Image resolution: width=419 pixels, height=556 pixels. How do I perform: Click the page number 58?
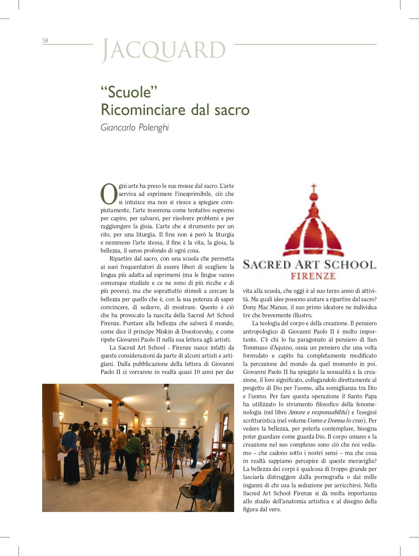pos(45,41)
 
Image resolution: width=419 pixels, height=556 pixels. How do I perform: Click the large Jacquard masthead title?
pos(163,50)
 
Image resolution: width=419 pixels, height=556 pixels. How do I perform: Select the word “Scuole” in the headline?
pos(129,92)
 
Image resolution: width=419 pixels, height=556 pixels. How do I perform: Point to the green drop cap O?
pos(109,194)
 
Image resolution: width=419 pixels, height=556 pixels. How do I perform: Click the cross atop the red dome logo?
pos(313,188)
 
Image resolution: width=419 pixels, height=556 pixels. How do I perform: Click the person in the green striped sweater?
pos(133,446)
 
